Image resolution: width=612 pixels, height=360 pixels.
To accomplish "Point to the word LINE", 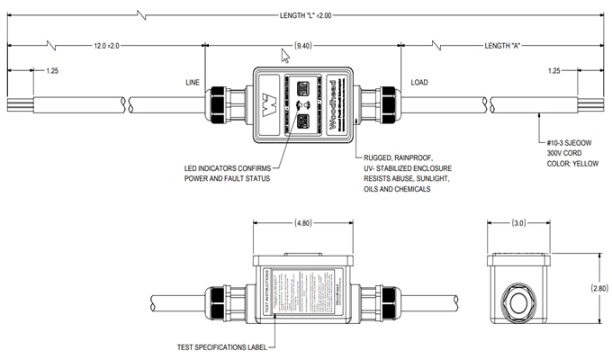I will click(192, 82).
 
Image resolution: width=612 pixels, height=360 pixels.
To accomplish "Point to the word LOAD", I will click(420, 82).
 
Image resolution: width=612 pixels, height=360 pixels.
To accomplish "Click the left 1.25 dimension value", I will click(52, 69).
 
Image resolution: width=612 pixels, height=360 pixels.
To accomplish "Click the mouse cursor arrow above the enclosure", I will click(286, 56).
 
